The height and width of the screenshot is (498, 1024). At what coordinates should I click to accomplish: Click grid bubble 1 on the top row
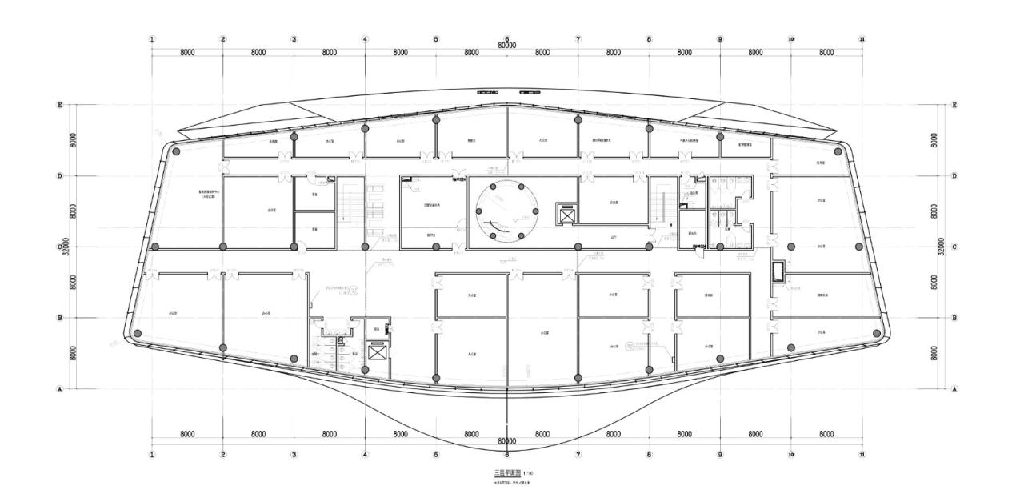[x=152, y=39]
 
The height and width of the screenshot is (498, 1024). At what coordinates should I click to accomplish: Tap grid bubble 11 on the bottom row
[x=862, y=454]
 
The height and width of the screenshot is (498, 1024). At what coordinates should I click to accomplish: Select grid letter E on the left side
[x=59, y=105]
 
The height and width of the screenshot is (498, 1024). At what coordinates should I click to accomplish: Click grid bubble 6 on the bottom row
[x=506, y=454]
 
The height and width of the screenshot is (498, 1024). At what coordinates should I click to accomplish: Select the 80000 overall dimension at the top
[x=506, y=46]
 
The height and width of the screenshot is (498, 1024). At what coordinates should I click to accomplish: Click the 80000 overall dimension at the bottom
[x=506, y=441]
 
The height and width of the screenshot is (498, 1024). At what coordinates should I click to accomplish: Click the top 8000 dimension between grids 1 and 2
[x=187, y=52]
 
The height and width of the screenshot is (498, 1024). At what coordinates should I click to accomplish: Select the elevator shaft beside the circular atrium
[x=566, y=215]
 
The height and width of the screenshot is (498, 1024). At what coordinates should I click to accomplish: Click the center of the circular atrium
[x=506, y=211]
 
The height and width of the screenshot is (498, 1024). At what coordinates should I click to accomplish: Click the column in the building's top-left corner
[x=176, y=151]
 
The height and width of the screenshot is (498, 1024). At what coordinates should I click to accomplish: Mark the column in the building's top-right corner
[x=838, y=151]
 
